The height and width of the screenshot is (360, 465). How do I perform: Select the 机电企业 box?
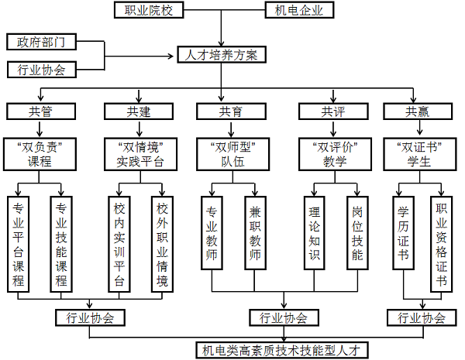click(299, 10)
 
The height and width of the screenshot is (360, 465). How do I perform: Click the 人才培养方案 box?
click(222, 55)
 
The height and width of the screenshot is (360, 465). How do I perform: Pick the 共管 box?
click(40, 111)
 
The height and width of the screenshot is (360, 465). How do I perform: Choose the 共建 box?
click(138, 111)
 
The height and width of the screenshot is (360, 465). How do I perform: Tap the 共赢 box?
click(416, 111)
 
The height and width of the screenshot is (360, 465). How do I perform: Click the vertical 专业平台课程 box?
click(18, 242)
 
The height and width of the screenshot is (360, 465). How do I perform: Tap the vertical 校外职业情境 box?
click(161, 242)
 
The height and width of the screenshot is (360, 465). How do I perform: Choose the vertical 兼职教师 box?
click(254, 231)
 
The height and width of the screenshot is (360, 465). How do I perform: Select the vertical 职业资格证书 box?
click(439, 242)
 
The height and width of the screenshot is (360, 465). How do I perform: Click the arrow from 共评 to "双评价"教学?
click(333, 129)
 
